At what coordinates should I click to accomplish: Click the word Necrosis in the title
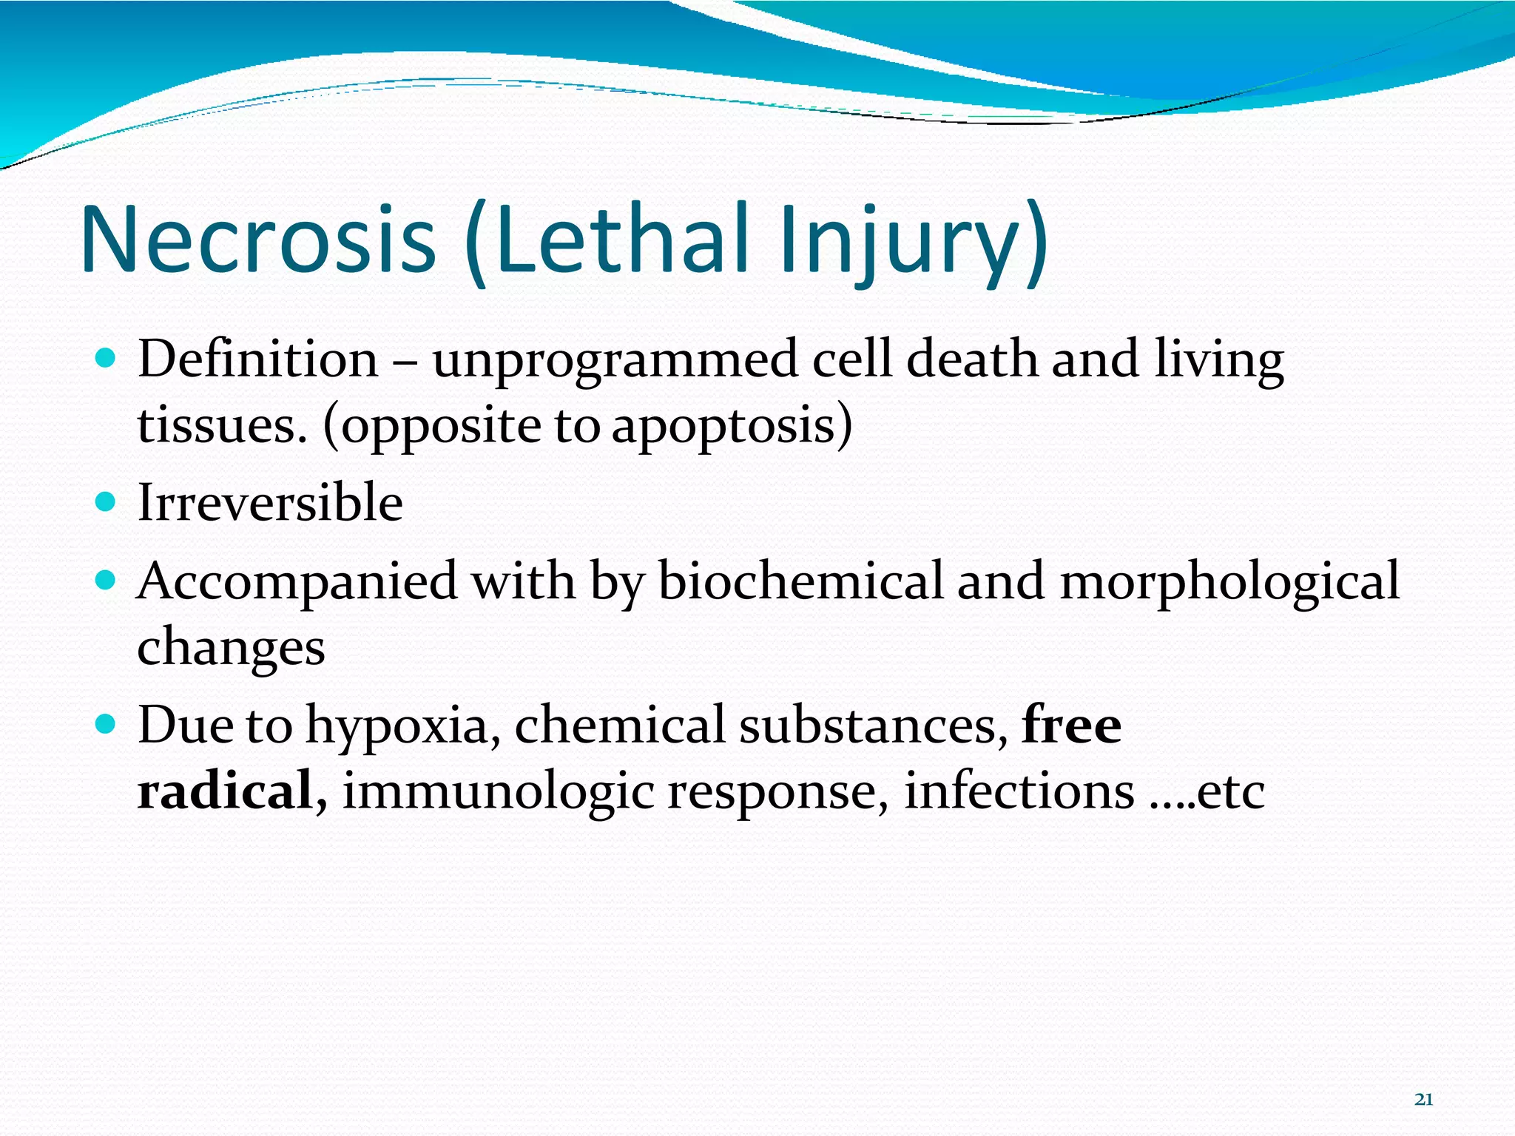pyautogui.click(x=258, y=238)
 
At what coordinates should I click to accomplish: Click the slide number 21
pyautogui.click(x=1423, y=1100)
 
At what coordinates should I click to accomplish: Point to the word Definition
pyautogui.click(x=257, y=359)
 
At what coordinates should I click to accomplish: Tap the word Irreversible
pyautogui.click(x=270, y=503)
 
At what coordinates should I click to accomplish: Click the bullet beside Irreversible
pyautogui.click(x=107, y=503)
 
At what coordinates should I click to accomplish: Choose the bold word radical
pyautogui.click(x=224, y=790)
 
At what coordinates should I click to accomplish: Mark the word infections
pyautogui.click(x=1019, y=790)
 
